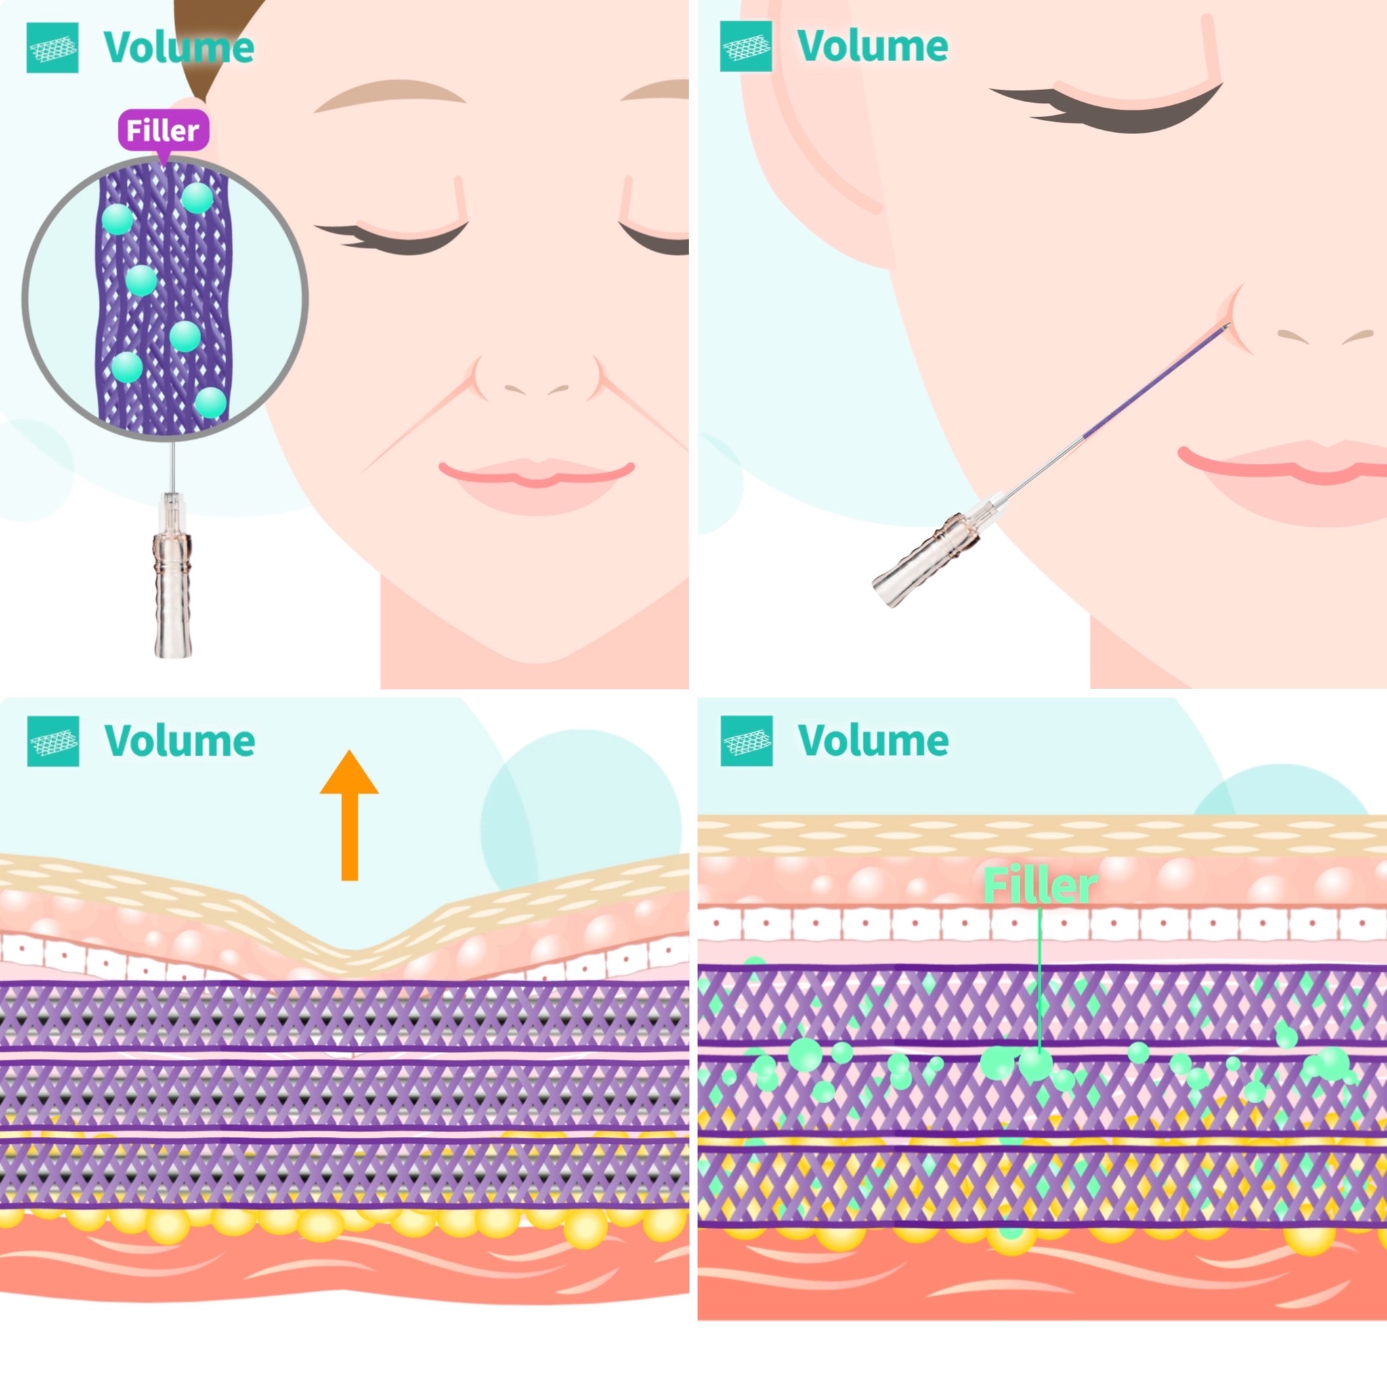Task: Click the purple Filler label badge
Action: pyautogui.click(x=163, y=130)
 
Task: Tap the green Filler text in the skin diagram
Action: pyautogui.click(x=1040, y=885)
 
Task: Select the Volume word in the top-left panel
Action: pyautogui.click(x=179, y=47)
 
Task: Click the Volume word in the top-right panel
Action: pyautogui.click(x=872, y=46)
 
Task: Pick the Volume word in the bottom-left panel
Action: pyautogui.click(x=179, y=741)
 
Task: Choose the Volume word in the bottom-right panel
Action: pyautogui.click(x=873, y=740)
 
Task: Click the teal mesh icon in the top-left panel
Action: pyautogui.click(x=52, y=48)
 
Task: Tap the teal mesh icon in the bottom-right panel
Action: pyautogui.click(x=746, y=741)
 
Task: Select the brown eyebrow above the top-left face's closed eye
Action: pyautogui.click(x=390, y=93)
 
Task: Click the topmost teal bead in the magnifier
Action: pyautogui.click(x=196, y=198)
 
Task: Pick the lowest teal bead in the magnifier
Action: pyautogui.click(x=211, y=403)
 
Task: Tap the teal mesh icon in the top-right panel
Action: pyautogui.click(x=746, y=47)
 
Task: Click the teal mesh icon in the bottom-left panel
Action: pyautogui.click(x=53, y=742)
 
